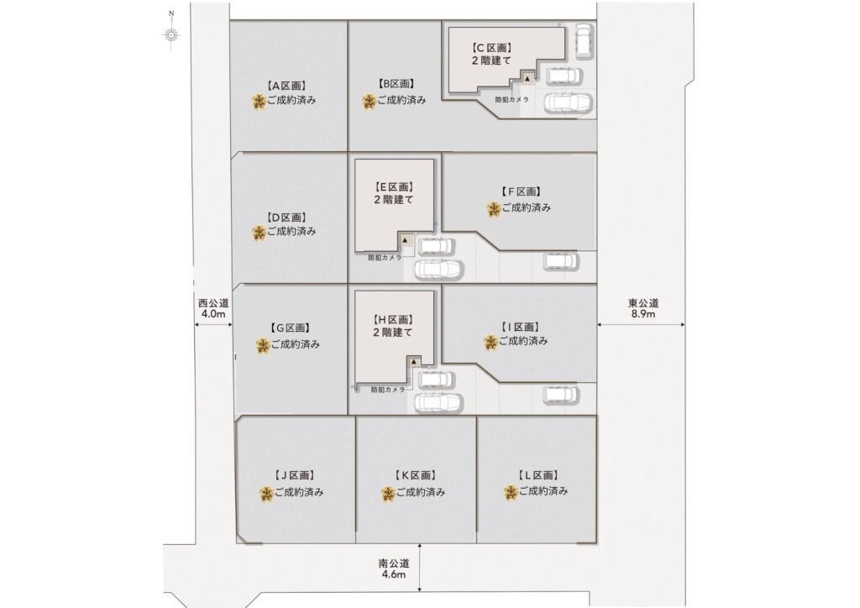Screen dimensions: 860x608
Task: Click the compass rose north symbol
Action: click(x=171, y=34)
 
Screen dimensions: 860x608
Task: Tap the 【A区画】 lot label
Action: click(x=286, y=86)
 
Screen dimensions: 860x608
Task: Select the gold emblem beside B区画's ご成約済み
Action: click(x=370, y=101)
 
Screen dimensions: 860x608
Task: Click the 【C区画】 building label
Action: click(x=491, y=48)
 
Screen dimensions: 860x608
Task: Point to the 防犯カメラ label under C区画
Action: click(x=511, y=100)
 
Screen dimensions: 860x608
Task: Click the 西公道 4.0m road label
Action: click(x=212, y=308)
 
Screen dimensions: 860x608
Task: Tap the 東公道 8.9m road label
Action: click(x=642, y=308)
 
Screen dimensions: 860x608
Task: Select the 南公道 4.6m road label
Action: click(x=394, y=569)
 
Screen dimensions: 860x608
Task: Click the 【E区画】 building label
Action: click(x=394, y=187)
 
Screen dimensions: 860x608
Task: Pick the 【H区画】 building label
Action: click(x=393, y=320)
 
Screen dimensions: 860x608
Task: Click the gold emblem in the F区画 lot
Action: click(x=494, y=209)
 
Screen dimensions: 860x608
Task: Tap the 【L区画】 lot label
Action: click(x=538, y=475)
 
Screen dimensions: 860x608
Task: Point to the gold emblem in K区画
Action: click(x=388, y=494)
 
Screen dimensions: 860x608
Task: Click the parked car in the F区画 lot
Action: click(x=560, y=261)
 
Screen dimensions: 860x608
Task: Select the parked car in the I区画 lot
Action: click(x=560, y=395)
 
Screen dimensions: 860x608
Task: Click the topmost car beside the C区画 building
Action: click(x=583, y=39)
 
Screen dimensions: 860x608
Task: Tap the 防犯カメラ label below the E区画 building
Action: click(x=385, y=257)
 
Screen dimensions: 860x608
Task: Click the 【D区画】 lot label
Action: click(x=286, y=218)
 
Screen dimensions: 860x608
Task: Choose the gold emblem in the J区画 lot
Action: click(x=266, y=494)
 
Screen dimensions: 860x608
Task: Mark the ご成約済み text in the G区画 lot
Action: click(x=295, y=344)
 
